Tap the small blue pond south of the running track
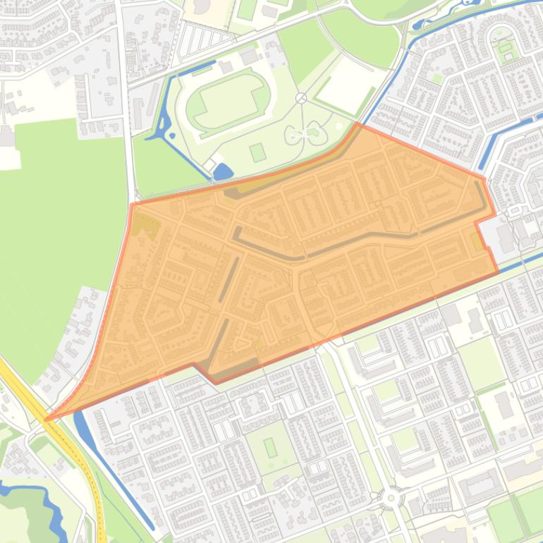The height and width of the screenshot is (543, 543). (x=223, y=171)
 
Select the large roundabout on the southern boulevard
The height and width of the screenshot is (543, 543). (x=390, y=498)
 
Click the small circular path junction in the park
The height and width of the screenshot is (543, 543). (x=301, y=98)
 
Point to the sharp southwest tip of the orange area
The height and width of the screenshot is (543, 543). (x=47, y=420)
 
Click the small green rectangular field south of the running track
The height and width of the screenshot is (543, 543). (x=258, y=152)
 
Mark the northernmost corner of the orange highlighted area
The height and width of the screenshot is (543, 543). (x=358, y=124)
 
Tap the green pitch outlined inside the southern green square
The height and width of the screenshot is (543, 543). (x=271, y=447)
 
